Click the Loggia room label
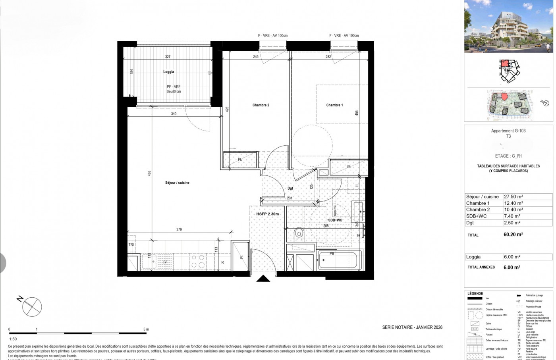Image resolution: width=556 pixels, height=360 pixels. pos(168,72)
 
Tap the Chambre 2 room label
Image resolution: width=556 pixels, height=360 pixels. pos(261,105)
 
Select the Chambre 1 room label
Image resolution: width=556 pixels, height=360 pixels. pos(334,105)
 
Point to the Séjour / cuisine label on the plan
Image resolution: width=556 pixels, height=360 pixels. pos(177,183)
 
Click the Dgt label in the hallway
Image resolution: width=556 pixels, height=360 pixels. pos(290,188)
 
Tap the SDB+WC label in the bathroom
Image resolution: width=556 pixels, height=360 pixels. pos(335,220)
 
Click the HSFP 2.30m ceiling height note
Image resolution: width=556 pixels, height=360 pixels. pos(267,214)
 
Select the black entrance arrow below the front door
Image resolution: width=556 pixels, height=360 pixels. pos(263,279)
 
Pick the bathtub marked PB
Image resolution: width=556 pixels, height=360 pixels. pos(340,260)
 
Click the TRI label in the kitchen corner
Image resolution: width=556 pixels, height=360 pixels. pos(131,245)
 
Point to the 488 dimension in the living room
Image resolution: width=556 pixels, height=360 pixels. pos(149,173)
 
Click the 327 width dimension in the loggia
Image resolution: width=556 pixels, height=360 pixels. pos(168,57)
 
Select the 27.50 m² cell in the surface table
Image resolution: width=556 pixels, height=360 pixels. pos(513,196)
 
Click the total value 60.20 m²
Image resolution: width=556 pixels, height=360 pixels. pos(513,235)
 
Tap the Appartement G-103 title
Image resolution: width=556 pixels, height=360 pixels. pos(508,131)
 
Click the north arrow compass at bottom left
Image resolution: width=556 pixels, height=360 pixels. pos(32,306)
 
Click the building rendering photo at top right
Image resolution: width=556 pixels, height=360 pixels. pos(508,26)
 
